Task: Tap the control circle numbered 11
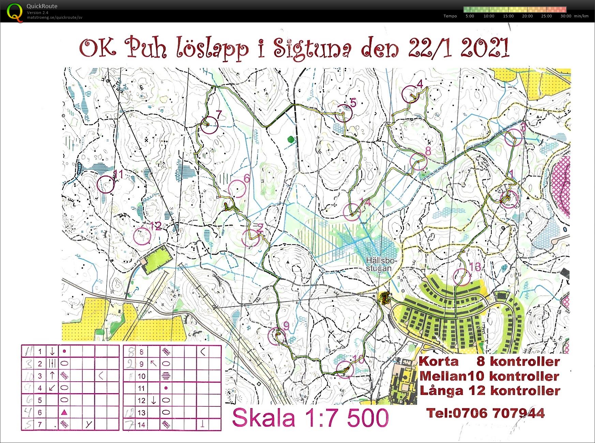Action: (x=106, y=184)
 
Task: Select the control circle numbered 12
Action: (x=142, y=236)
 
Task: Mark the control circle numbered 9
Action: (x=277, y=336)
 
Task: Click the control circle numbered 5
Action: (x=343, y=113)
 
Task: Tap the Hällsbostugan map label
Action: (x=381, y=264)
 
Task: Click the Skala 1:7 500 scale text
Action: (x=310, y=418)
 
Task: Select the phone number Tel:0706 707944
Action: (x=485, y=413)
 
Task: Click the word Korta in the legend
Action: (x=439, y=361)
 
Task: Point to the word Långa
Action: (x=441, y=390)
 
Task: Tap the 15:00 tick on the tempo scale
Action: (x=508, y=16)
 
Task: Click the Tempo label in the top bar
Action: (x=450, y=16)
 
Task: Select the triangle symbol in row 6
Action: (x=64, y=412)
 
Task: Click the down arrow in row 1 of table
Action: (x=52, y=351)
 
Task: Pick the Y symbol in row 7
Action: (x=89, y=424)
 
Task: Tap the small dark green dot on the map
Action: (x=290, y=139)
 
